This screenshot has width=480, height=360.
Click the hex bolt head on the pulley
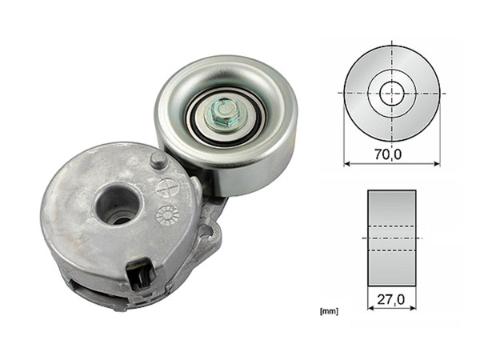point(222,114)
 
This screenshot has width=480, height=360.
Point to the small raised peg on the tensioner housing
point(159,161)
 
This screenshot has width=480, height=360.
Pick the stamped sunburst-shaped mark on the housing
point(167,214)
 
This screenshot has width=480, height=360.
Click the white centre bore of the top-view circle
point(391,93)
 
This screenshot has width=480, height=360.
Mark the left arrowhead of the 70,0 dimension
point(347,164)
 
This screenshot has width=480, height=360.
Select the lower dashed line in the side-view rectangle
point(391,250)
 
